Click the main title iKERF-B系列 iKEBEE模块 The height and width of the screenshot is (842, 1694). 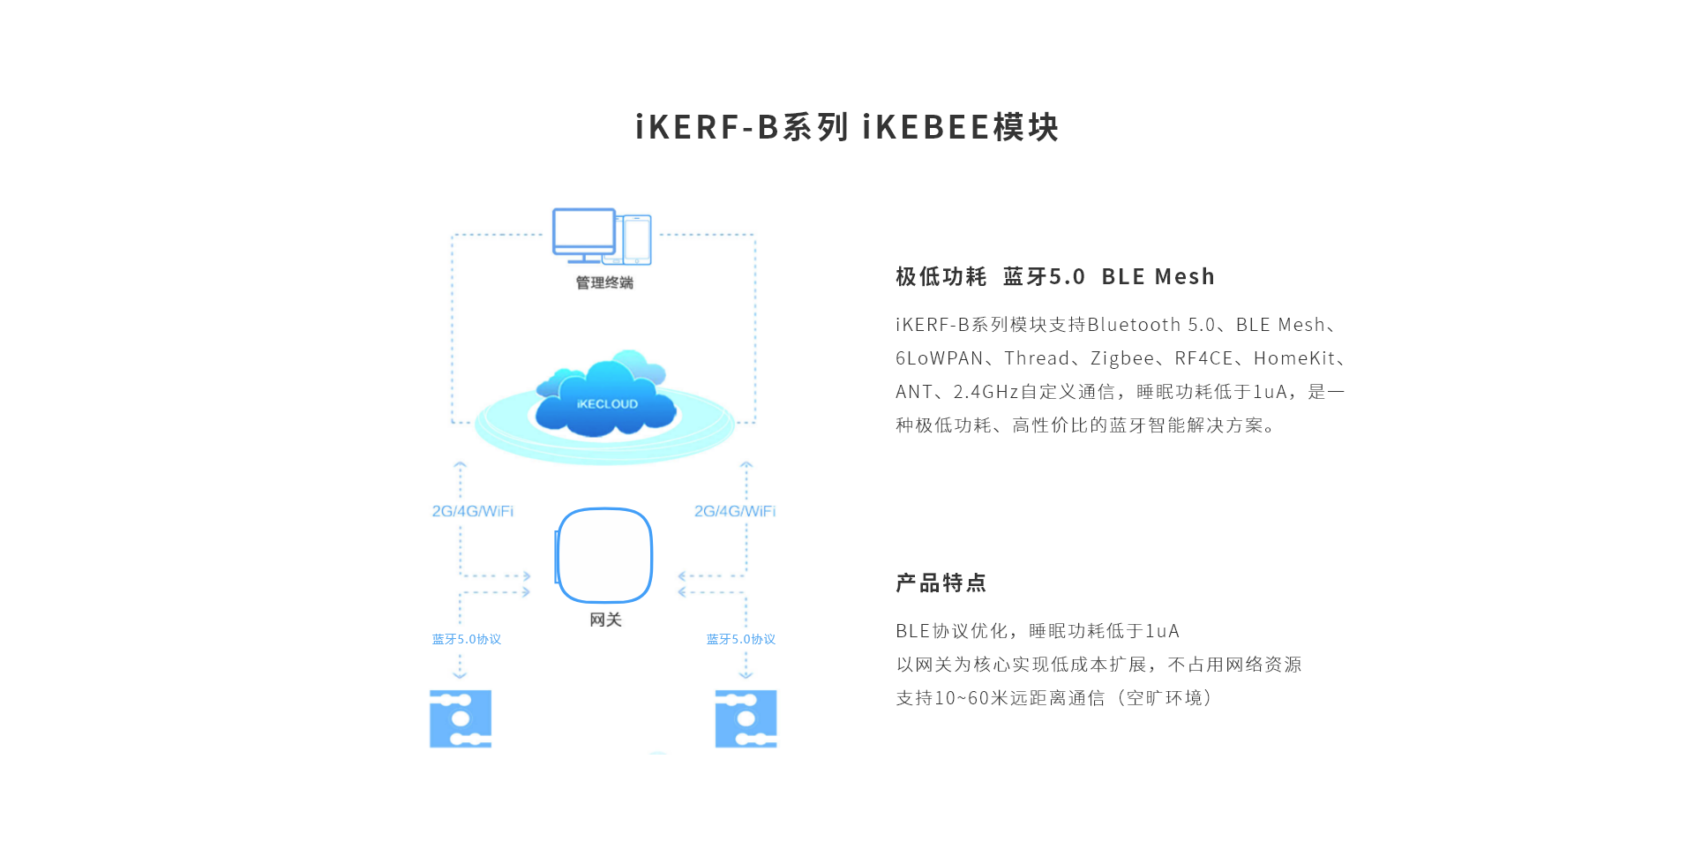[847, 127]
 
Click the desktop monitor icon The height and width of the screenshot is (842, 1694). [583, 233]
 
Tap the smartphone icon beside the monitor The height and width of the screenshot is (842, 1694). [636, 239]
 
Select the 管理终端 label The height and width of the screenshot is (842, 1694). [604, 282]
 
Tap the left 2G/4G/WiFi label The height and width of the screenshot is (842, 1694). [472, 511]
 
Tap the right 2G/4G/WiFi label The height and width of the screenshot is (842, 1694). [734, 511]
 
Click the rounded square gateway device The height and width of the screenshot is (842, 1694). [605, 555]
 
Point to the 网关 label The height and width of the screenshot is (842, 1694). [605, 620]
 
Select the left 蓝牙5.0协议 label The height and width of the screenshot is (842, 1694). [466, 639]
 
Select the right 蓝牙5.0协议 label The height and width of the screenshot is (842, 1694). [740, 639]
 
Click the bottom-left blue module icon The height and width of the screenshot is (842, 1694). [461, 718]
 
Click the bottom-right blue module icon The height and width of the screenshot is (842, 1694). [746, 718]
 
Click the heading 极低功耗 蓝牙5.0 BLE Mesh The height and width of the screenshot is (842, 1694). [1055, 277]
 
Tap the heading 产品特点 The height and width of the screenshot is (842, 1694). [941, 583]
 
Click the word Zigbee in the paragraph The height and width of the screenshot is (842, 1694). [1122, 358]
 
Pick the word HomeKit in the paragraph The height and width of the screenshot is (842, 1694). [1294, 358]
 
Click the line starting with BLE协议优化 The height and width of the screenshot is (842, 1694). [1038, 631]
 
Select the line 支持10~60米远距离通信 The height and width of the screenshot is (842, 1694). [1054, 698]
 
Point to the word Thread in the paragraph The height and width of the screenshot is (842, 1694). [1037, 358]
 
